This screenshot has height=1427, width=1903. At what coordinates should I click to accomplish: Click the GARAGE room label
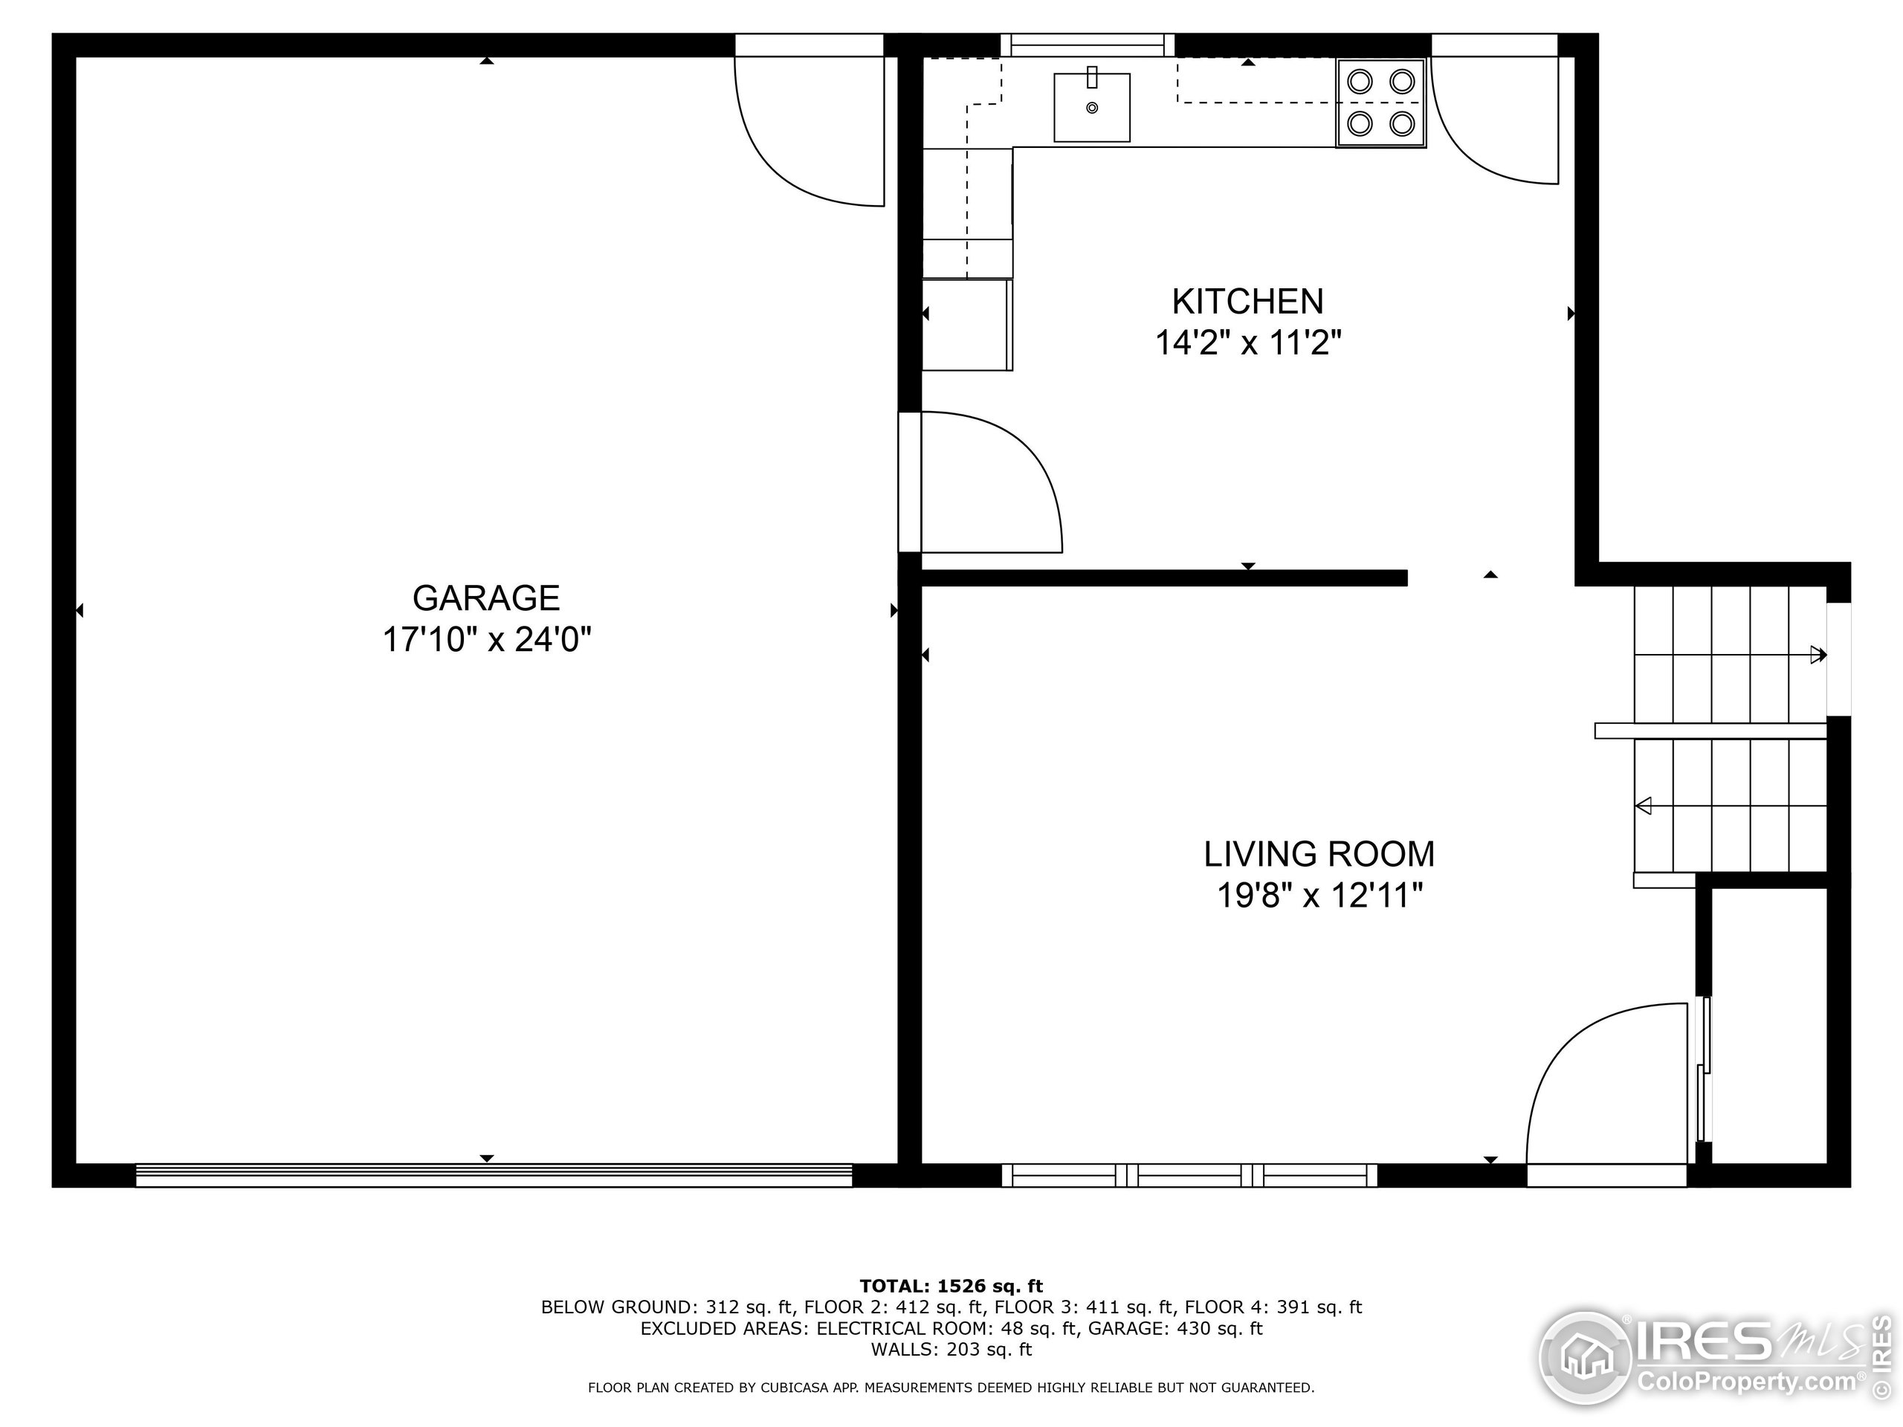click(x=486, y=598)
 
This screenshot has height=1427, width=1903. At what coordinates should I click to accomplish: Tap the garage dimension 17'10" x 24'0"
click(x=487, y=640)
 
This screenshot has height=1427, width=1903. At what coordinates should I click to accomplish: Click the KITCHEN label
click(x=1247, y=302)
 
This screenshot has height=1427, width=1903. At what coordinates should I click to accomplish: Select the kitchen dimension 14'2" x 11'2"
click(x=1247, y=343)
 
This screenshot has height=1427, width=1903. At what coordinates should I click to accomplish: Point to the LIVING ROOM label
click(x=1319, y=854)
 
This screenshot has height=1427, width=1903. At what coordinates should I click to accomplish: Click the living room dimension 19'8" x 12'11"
click(x=1319, y=896)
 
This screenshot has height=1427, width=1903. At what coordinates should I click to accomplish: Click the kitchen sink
click(x=1092, y=108)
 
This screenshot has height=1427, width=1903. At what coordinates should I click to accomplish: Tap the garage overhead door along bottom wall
click(x=494, y=1175)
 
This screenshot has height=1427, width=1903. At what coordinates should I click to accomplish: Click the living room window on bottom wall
click(x=1189, y=1175)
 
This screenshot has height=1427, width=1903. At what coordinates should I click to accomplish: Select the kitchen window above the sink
click(x=1088, y=45)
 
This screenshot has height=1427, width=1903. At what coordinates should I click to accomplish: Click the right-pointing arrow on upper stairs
click(x=1818, y=655)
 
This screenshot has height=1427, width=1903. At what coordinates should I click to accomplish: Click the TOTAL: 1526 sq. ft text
click(x=951, y=1286)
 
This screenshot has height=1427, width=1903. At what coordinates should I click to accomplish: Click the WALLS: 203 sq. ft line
click(x=951, y=1350)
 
